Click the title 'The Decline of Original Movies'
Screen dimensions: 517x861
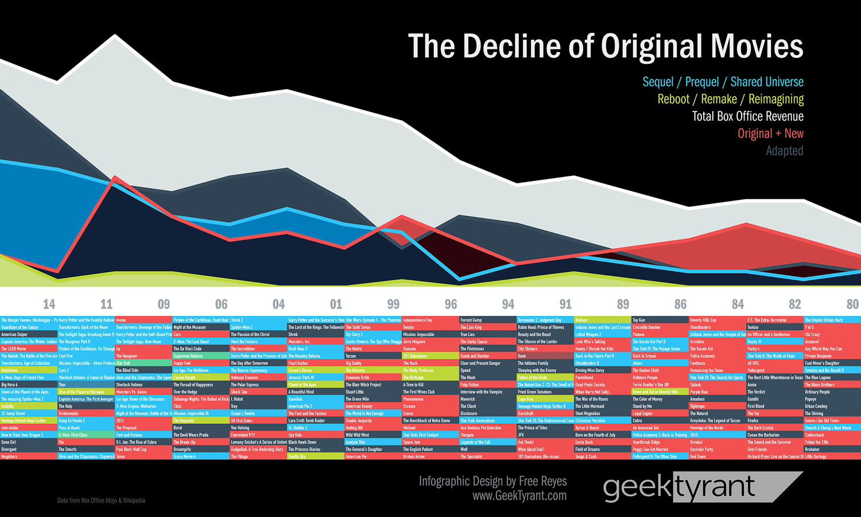[x=606, y=46]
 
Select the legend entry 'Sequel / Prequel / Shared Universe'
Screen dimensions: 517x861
[x=723, y=82]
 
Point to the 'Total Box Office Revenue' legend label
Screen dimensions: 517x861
[x=747, y=116]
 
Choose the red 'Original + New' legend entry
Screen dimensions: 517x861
[x=770, y=133]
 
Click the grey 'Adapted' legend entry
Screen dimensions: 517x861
[x=784, y=151]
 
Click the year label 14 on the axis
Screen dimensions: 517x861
[x=49, y=304]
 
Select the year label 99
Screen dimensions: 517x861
[x=393, y=304]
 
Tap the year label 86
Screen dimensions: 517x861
[x=680, y=304]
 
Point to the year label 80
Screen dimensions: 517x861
[x=852, y=304]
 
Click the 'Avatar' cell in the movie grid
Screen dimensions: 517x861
[x=143, y=320]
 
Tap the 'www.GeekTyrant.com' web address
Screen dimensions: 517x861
[x=519, y=496]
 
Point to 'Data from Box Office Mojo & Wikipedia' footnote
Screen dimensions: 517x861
[x=101, y=500]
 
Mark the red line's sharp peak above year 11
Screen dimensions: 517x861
[x=115, y=178]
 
